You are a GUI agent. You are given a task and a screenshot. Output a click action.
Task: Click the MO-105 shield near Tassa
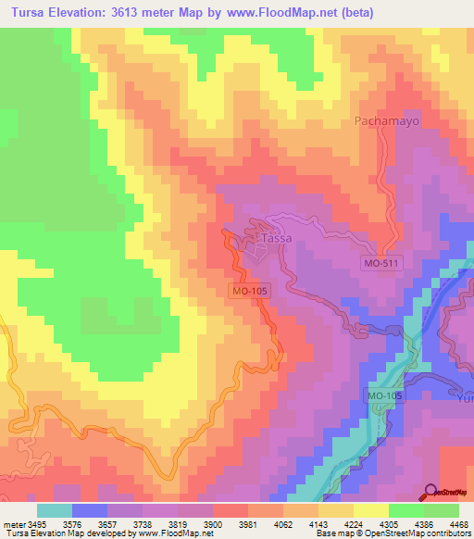pyautogui.click(x=249, y=292)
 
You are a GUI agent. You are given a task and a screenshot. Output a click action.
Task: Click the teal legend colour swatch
pyautogui.click(x=55, y=510)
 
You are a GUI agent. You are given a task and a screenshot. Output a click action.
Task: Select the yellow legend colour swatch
pyautogui.click(x=370, y=510)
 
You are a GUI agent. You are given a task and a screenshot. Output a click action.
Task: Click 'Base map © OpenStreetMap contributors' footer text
pyautogui.click(x=393, y=534)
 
